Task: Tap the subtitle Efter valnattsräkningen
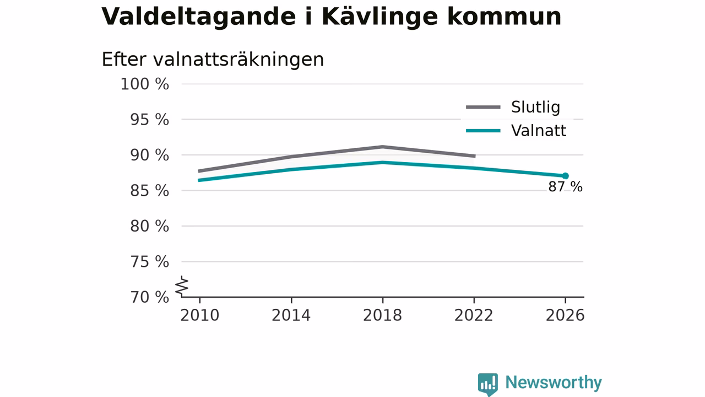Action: click(213, 59)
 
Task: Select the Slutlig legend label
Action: click(535, 107)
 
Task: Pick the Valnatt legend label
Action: click(539, 131)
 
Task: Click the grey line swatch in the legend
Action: click(483, 107)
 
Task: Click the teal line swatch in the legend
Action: click(483, 131)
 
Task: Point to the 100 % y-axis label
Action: click(145, 84)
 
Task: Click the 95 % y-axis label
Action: click(149, 120)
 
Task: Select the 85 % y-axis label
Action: click(149, 191)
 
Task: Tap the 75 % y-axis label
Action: click(149, 262)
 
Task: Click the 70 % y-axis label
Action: click(149, 297)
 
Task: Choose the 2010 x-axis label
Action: click(199, 315)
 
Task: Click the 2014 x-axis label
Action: click(291, 315)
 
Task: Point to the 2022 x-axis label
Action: click(474, 315)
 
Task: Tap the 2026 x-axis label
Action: click(565, 315)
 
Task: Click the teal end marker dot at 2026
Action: click(565, 176)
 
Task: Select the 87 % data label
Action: click(565, 187)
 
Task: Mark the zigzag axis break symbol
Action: click(182, 286)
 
